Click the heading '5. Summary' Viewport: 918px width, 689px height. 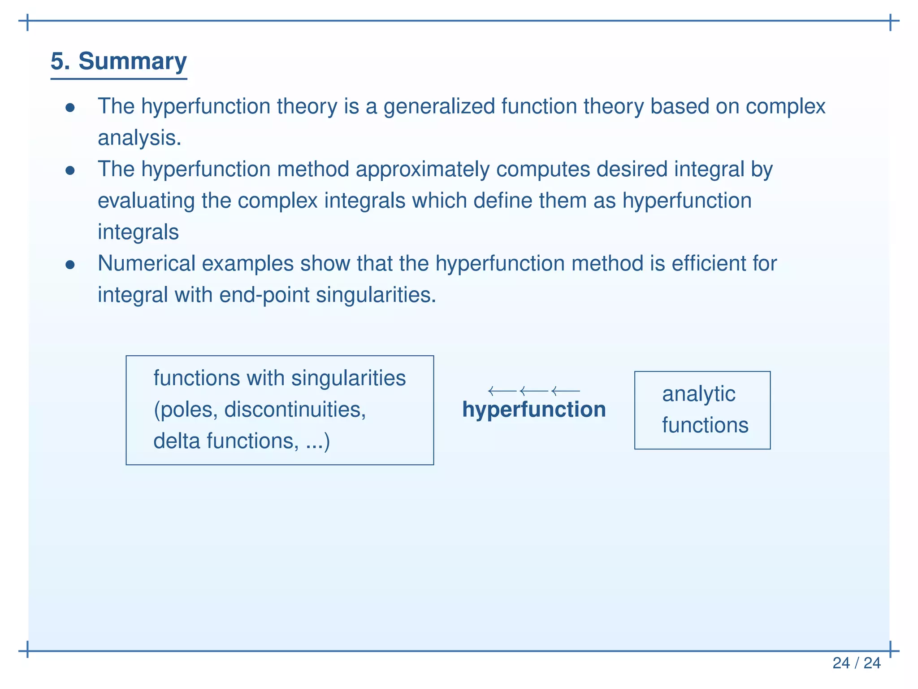pos(118,61)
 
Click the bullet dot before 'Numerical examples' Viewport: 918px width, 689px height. pos(70,265)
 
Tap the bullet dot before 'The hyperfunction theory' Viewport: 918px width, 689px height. pos(70,108)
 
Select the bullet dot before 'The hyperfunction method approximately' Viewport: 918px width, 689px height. pos(70,170)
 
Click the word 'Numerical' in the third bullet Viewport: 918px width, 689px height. pos(146,263)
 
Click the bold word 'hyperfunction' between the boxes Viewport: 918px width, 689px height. pos(534,410)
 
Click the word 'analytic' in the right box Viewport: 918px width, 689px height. pos(698,394)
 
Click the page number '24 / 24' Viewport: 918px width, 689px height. pos(856,663)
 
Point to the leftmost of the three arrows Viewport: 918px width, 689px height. pos(502,391)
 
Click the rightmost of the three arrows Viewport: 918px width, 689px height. pos(566,391)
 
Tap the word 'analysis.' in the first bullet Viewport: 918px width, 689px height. pos(139,138)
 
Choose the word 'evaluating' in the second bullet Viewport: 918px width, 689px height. pos(146,201)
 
